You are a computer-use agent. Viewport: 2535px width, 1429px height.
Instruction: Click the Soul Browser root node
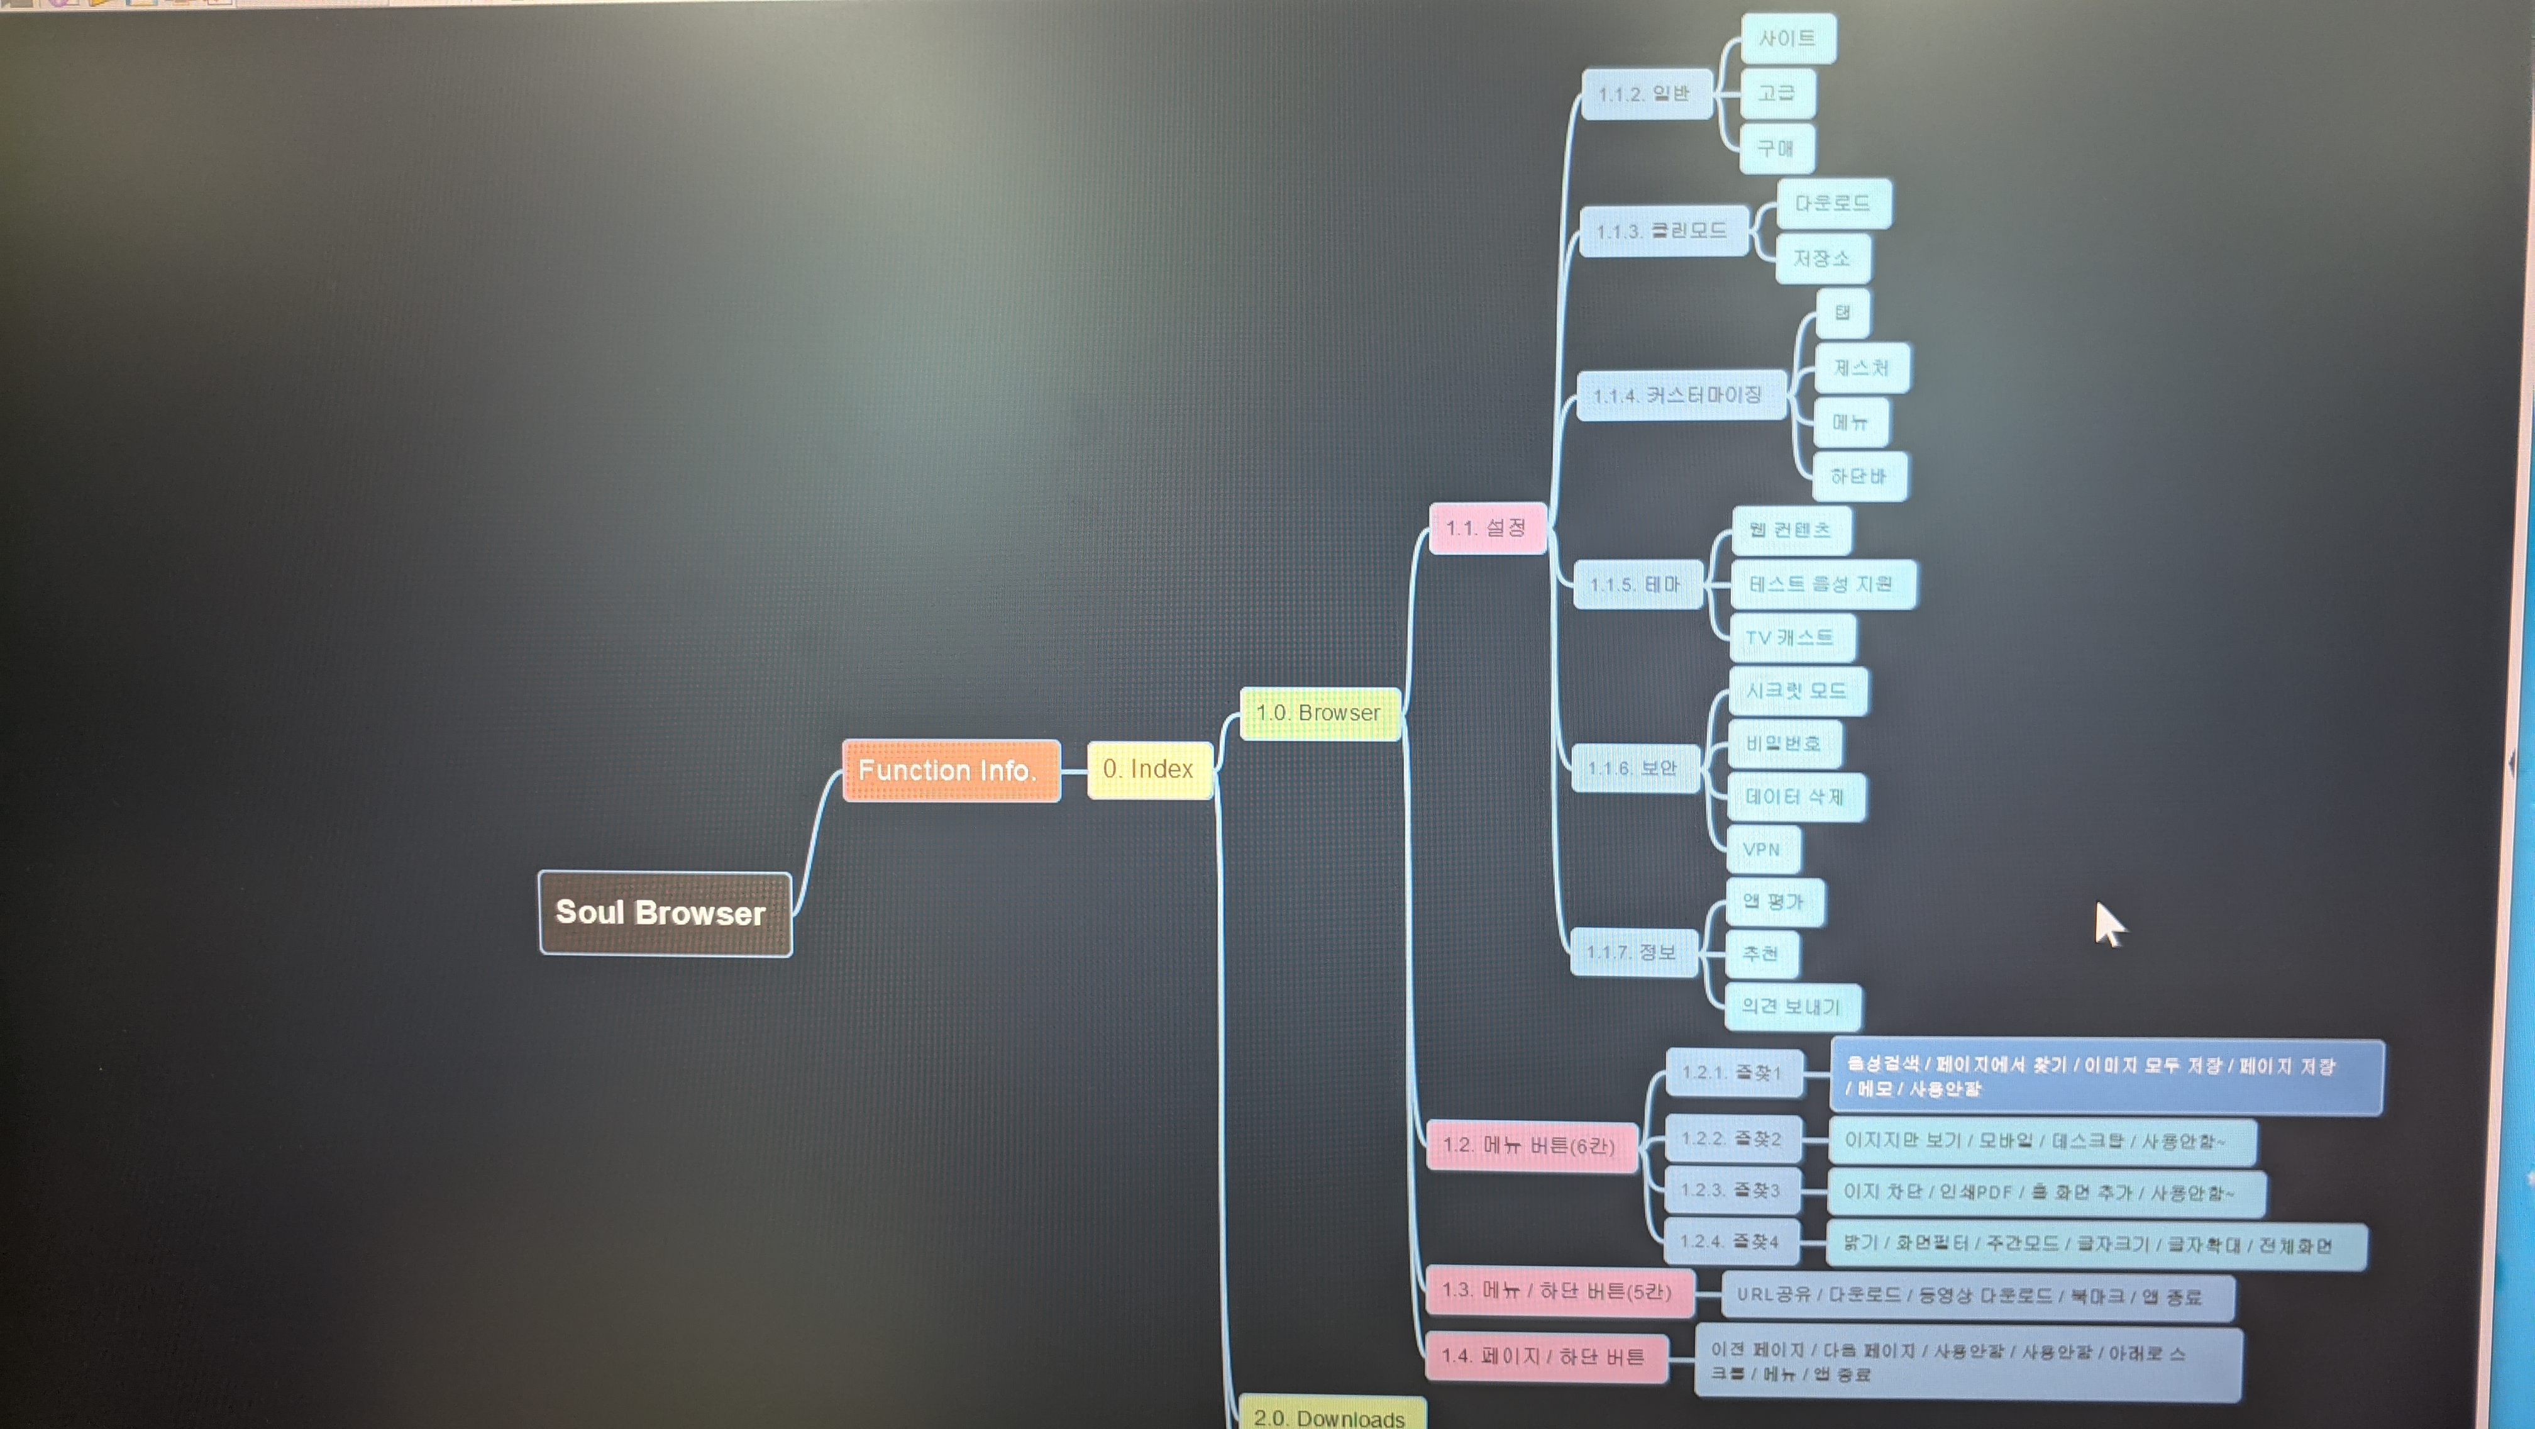(x=665, y=913)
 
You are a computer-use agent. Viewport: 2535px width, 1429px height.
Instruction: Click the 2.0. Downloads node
(x=1330, y=1415)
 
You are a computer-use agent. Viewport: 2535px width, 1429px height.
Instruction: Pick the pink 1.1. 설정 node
(x=1487, y=528)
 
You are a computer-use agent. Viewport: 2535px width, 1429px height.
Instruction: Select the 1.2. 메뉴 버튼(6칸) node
(x=1530, y=1145)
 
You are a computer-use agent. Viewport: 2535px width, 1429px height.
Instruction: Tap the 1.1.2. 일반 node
(x=1645, y=94)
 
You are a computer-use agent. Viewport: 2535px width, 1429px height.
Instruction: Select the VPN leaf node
(x=1762, y=849)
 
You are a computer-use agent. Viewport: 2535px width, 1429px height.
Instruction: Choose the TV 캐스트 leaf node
(x=1791, y=638)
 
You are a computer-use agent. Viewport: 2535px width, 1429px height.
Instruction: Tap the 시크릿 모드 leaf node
(x=1797, y=691)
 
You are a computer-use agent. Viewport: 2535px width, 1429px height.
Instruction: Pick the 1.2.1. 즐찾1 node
(x=1733, y=1073)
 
